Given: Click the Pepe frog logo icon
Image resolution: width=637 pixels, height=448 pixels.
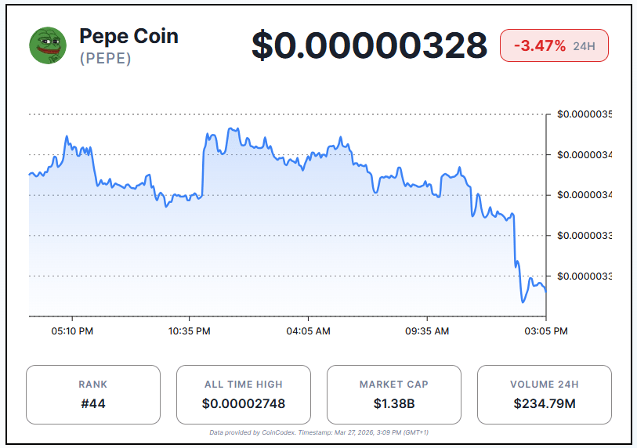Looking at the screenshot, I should pyautogui.click(x=48, y=45).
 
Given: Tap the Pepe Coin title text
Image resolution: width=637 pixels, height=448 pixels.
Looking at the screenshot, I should pyautogui.click(x=128, y=36).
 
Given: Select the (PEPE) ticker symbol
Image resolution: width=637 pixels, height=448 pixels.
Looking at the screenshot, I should pyautogui.click(x=105, y=59).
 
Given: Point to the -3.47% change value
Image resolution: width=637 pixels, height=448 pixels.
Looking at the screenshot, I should pyautogui.click(x=539, y=45).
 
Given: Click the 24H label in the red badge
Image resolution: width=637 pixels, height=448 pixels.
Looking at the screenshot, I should pyautogui.click(x=584, y=46).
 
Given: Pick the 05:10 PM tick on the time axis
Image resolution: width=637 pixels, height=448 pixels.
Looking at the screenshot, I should pyautogui.click(x=73, y=331).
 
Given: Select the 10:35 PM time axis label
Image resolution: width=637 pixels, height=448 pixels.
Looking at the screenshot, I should pyautogui.click(x=190, y=331).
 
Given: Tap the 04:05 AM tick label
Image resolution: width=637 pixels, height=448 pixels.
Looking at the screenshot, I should pyautogui.click(x=308, y=331).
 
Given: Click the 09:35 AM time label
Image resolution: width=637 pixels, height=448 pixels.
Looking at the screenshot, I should pyautogui.click(x=427, y=331).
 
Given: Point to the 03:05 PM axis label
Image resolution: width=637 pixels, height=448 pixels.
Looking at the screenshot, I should pyautogui.click(x=546, y=331).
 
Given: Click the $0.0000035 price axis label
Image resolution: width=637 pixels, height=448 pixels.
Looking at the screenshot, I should pyautogui.click(x=585, y=114).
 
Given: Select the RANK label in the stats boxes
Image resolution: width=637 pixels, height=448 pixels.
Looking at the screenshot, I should pyautogui.click(x=93, y=385).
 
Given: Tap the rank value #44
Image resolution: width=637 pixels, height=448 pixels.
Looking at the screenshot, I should pyautogui.click(x=93, y=404).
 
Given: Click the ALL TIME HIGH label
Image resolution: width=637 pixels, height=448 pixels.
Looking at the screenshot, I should pyautogui.click(x=243, y=385).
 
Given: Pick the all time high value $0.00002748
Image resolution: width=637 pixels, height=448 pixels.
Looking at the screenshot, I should pyautogui.click(x=243, y=404).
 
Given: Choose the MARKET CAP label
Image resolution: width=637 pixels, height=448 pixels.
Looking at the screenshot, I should pyautogui.click(x=393, y=385).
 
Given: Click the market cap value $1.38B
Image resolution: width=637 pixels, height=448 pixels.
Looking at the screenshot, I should pyautogui.click(x=393, y=404).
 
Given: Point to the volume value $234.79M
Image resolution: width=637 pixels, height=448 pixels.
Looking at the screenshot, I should pyautogui.click(x=544, y=404).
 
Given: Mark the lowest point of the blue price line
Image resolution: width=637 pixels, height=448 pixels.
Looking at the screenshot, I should pyautogui.click(x=522, y=302).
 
